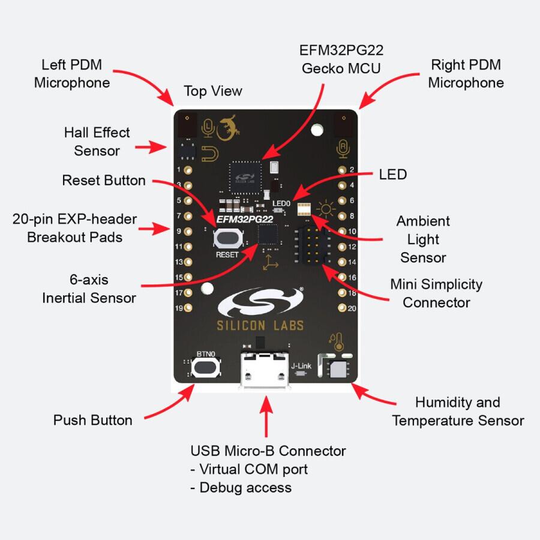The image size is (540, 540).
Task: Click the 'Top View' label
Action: coord(212,91)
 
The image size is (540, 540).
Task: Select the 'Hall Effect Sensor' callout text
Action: coord(97,141)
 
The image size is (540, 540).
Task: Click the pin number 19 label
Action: coord(179,308)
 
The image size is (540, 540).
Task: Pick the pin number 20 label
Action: coord(353,308)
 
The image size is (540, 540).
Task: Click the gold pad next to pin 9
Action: coord(188,231)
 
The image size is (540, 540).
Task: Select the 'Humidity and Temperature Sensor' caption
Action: coord(458,411)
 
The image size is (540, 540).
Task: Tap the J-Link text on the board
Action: coord(301,365)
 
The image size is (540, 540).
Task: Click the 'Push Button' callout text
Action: coord(93,420)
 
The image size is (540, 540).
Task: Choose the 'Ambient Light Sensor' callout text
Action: coord(423,239)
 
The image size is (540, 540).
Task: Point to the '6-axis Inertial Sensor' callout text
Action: coord(89,289)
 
